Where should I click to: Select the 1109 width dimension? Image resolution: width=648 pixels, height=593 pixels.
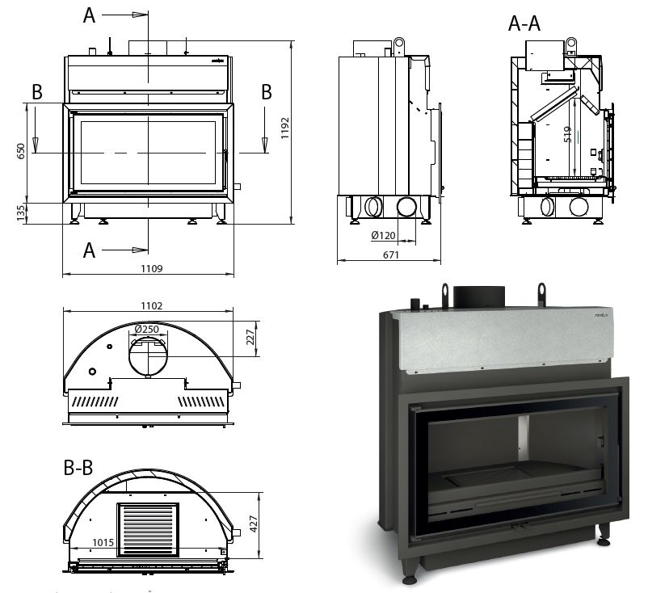149,267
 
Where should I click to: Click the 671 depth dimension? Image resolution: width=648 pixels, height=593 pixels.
390,254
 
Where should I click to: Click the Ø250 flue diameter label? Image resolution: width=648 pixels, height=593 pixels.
147,329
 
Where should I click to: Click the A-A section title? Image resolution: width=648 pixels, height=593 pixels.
524,24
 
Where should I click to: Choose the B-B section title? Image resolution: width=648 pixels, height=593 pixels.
78,468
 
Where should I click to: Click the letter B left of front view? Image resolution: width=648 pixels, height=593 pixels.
36,92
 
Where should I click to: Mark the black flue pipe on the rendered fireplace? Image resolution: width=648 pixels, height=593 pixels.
478,296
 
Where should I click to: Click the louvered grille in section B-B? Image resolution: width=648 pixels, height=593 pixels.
148,529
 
